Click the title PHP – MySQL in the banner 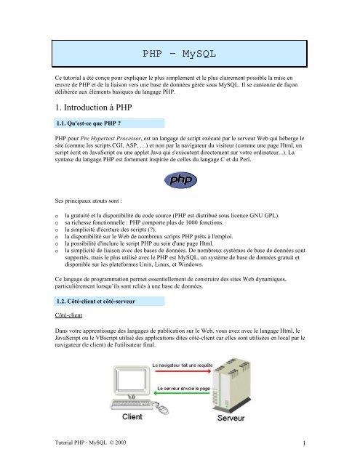pyautogui.click(x=180, y=54)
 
